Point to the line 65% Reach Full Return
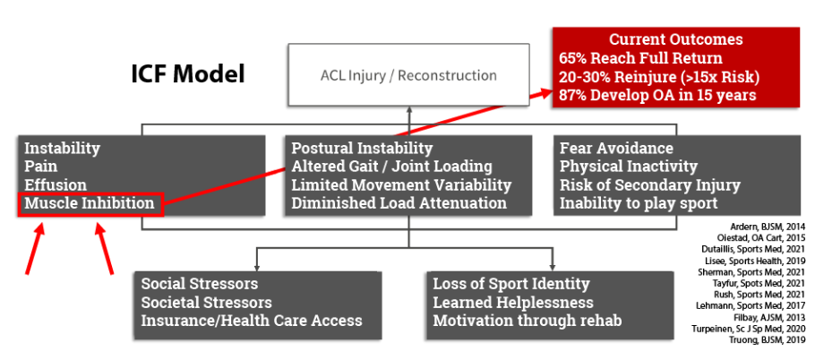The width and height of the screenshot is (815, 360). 640,57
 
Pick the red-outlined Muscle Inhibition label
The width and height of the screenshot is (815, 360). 90,204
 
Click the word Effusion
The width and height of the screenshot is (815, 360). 56,185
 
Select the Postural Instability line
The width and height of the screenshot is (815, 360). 362,149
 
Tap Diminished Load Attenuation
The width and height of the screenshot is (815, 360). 399,204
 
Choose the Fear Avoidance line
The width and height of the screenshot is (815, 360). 616,149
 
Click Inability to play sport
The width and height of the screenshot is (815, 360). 639,204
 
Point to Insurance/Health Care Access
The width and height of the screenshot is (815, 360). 252,321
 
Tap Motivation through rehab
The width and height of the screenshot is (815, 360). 527,321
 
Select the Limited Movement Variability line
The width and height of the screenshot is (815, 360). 401,185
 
